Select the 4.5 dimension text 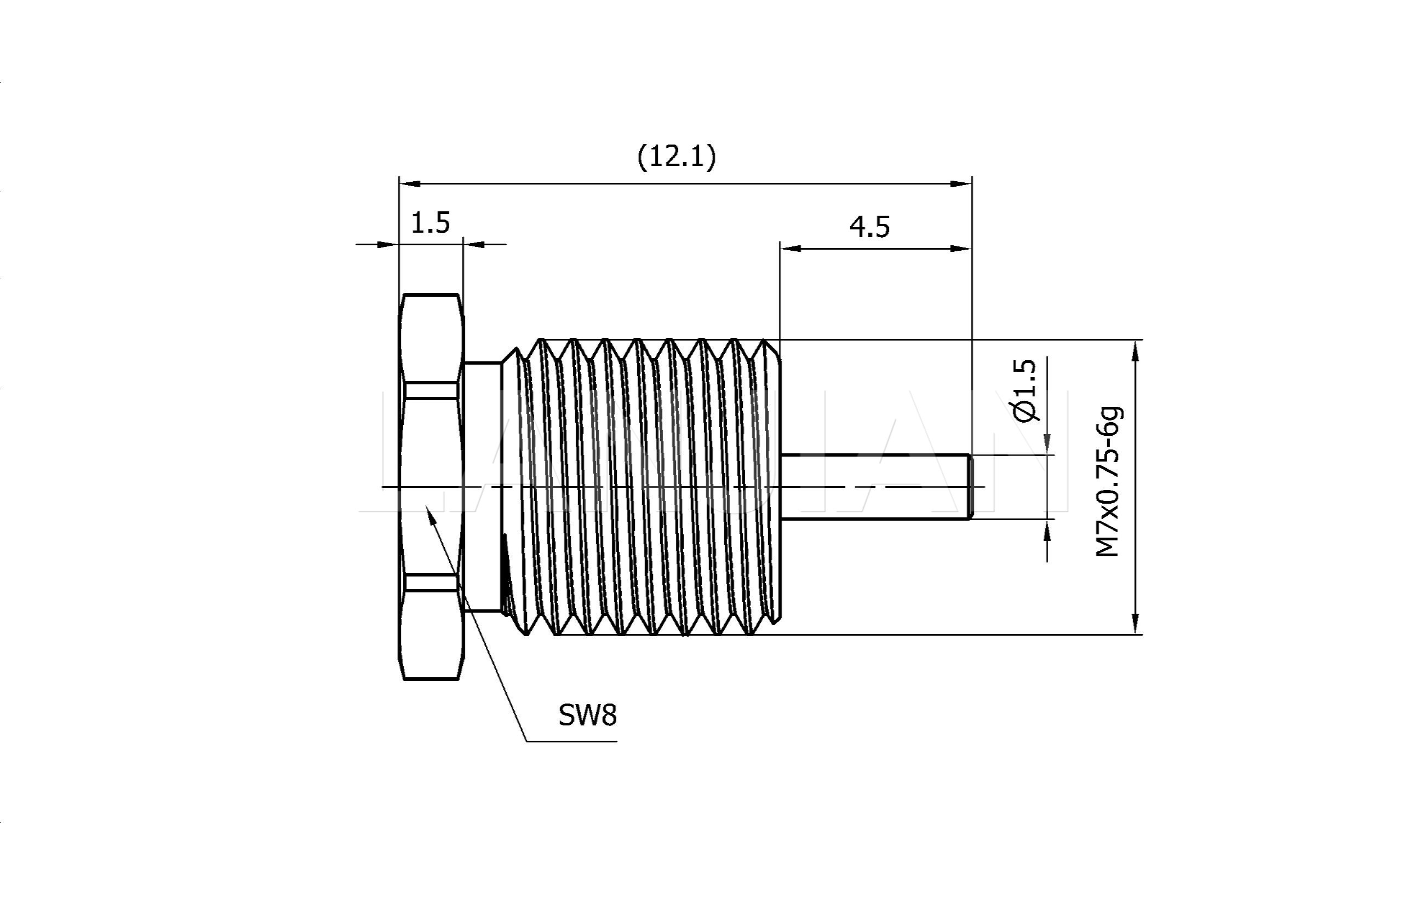click(x=869, y=227)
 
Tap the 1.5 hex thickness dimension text click(x=431, y=223)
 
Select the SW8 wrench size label click(x=587, y=716)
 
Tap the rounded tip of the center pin click(x=970, y=487)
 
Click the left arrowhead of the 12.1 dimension click(x=409, y=183)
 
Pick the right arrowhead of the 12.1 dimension click(x=962, y=183)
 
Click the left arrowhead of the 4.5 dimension click(x=790, y=249)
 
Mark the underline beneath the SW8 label click(x=571, y=740)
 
